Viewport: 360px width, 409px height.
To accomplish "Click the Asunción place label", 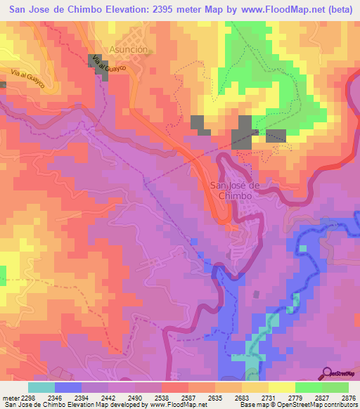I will click(x=129, y=50).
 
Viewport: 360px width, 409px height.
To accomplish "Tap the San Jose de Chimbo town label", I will click(x=236, y=190).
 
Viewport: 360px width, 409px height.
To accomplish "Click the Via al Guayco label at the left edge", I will click(x=27, y=81).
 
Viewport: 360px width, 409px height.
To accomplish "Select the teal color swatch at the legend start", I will click(x=41, y=387).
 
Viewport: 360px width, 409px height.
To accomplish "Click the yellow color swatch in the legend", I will click(x=282, y=387).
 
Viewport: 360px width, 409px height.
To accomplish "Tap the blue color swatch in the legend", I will click(x=68, y=387).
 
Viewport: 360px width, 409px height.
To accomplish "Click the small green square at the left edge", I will click(x=3, y=273).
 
